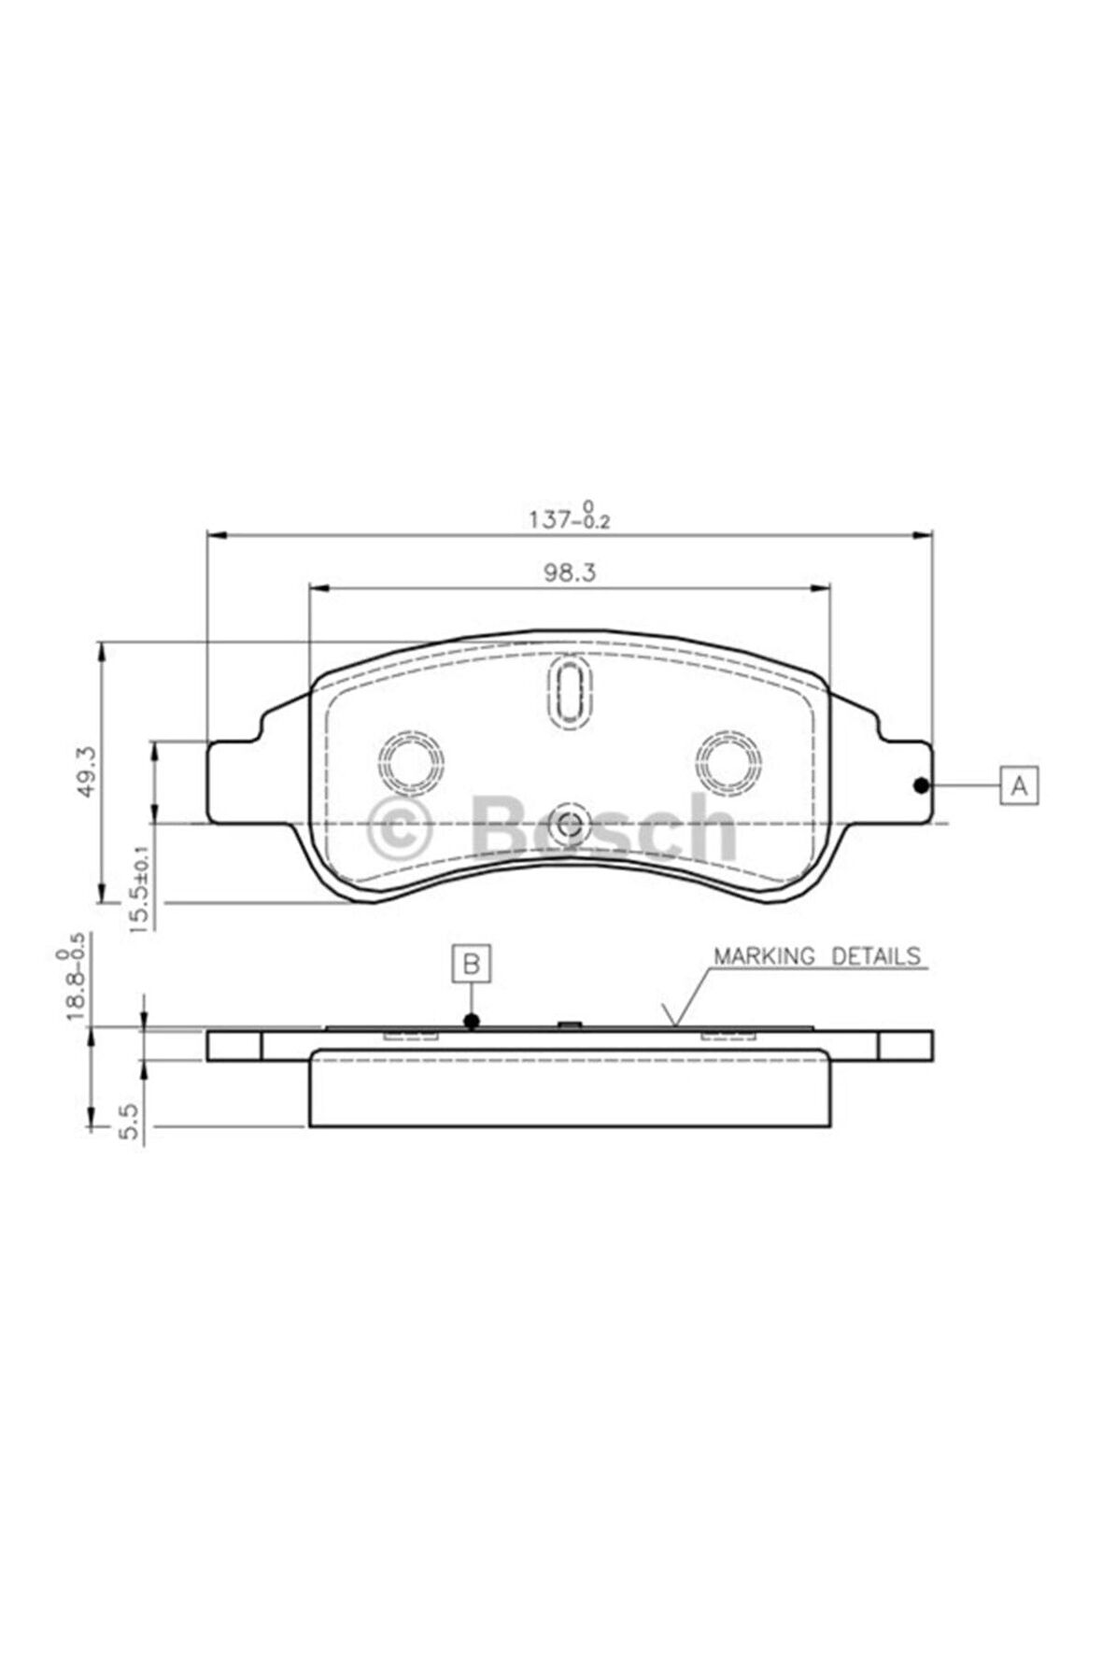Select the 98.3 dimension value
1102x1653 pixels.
click(569, 572)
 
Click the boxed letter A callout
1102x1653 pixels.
click(1019, 784)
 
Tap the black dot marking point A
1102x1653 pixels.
click(921, 784)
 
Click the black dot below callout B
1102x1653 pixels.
click(472, 1022)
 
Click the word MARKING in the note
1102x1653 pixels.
click(764, 956)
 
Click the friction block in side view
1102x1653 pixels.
click(568, 1094)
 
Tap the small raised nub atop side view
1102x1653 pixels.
click(569, 1024)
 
